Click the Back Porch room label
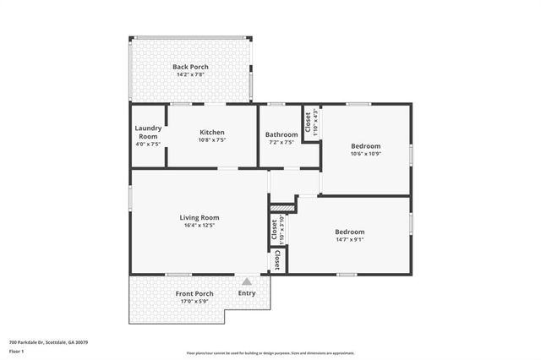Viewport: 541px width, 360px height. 190,67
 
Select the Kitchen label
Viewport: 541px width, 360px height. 211,132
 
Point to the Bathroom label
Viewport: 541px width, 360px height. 281,134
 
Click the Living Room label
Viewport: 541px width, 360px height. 199,217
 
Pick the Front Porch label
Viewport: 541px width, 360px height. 194,293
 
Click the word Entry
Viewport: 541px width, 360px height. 247,293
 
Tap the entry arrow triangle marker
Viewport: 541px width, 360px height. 247,281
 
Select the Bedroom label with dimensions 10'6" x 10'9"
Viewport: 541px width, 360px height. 366,145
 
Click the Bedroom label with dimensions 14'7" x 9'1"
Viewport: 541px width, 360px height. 349,232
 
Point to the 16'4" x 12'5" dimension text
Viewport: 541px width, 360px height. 199,226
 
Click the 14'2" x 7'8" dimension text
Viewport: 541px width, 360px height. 190,74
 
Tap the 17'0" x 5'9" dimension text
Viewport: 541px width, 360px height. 194,302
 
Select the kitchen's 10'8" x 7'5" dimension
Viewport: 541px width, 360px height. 211,140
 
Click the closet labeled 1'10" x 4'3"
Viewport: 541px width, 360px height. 311,123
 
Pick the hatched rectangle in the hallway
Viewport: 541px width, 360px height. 281,205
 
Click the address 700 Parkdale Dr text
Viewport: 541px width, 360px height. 48,342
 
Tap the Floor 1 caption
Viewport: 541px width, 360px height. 16,351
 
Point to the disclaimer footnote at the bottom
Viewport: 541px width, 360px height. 270,353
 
